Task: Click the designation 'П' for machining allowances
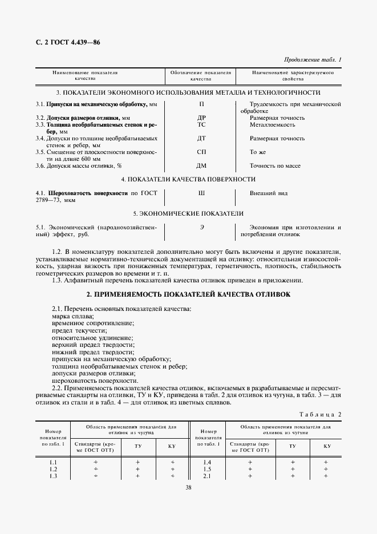pos(201,104)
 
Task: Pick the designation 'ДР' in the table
pos(201,118)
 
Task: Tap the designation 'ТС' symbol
pos(201,124)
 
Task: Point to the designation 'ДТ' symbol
pos(201,138)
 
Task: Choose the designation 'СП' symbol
pos(201,152)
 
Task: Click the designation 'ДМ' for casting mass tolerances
pos(201,166)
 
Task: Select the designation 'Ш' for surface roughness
pos(201,193)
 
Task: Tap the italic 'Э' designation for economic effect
pos(201,228)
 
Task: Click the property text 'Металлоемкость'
pos(272,124)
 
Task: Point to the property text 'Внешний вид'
pos(269,193)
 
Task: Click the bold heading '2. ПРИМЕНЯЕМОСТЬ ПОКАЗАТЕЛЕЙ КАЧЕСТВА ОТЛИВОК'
pos(188,294)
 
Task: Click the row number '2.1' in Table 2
pos(206,476)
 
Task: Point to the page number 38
pos(188,488)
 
